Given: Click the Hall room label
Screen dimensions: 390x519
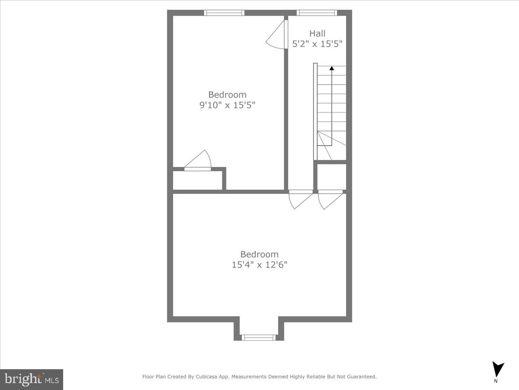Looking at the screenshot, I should pos(317,33).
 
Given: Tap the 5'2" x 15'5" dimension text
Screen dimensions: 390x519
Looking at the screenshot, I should pos(317,44).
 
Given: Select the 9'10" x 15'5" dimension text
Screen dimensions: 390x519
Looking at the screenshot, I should pos(227,105).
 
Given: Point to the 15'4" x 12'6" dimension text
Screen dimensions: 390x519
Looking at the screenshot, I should pos(259,264).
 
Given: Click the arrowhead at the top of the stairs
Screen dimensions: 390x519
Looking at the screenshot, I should pos(332,68).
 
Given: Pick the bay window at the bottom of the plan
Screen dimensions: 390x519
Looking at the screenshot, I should pos(259,337).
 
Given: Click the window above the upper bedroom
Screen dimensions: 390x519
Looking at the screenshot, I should pos(224,13).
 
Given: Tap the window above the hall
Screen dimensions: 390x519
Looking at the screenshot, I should pos(317,13).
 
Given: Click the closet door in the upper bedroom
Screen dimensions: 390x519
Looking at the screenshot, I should pos(198,162).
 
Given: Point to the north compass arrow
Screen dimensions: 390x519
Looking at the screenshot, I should pos(498,369).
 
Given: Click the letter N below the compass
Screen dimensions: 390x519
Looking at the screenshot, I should pos(496,381).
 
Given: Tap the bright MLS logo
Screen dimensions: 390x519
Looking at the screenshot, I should pos(32,379).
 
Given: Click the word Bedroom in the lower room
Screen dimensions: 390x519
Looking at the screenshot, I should pos(259,254).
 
